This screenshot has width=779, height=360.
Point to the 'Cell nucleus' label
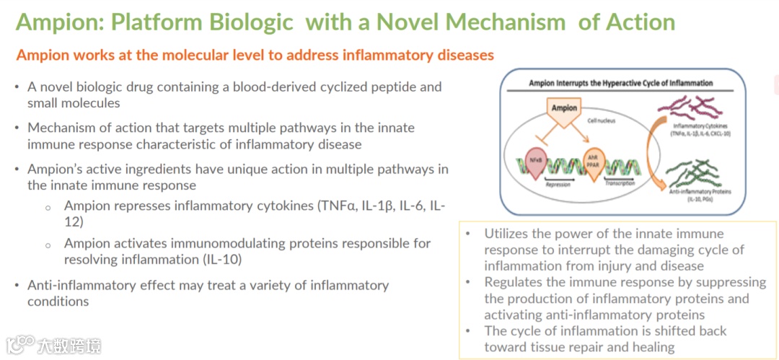pos(602,121)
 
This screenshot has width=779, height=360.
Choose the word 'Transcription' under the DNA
pos(621,183)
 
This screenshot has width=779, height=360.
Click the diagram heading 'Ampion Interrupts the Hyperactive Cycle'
pos(620,84)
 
